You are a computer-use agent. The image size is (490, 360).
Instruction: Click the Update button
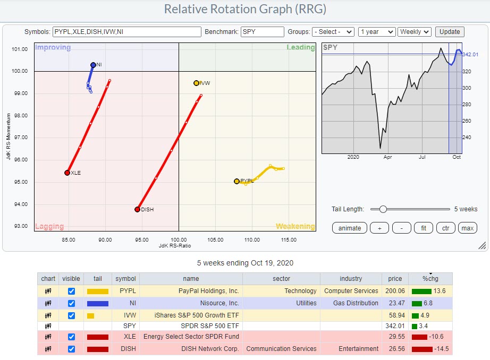pyautogui.click(x=450, y=32)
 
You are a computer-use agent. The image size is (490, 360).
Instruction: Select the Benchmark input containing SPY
pyautogui.click(x=262, y=32)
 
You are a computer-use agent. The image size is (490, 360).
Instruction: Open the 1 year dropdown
pyautogui.click(x=376, y=32)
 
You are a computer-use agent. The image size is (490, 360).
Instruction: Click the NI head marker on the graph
pyautogui.click(x=93, y=65)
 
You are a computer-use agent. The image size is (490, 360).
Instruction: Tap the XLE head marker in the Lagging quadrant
pyautogui.click(x=67, y=173)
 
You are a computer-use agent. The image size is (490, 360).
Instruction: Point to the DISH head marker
pyautogui.click(x=137, y=209)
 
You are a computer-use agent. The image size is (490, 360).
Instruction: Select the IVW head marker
pyautogui.click(x=196, y=83)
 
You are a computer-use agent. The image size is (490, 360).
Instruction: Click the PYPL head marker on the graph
pyautogui.click(x=236, y=181)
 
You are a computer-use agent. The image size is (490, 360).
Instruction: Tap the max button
pyautogui.click(x=467, y=228)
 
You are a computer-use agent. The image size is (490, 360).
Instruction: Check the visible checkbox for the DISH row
pyautogui.click(x=71, y=349)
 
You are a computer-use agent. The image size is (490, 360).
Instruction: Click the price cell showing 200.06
pyautogui.click(x=395, y=291)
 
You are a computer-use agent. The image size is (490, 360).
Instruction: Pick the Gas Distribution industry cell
pyautogui.click(x=351, y=303)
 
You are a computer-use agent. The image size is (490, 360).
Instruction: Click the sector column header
pyautogui.click(x=281, y=279)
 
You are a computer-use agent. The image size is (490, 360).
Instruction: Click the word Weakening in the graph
pyautogui.click(x=295, y=227)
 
